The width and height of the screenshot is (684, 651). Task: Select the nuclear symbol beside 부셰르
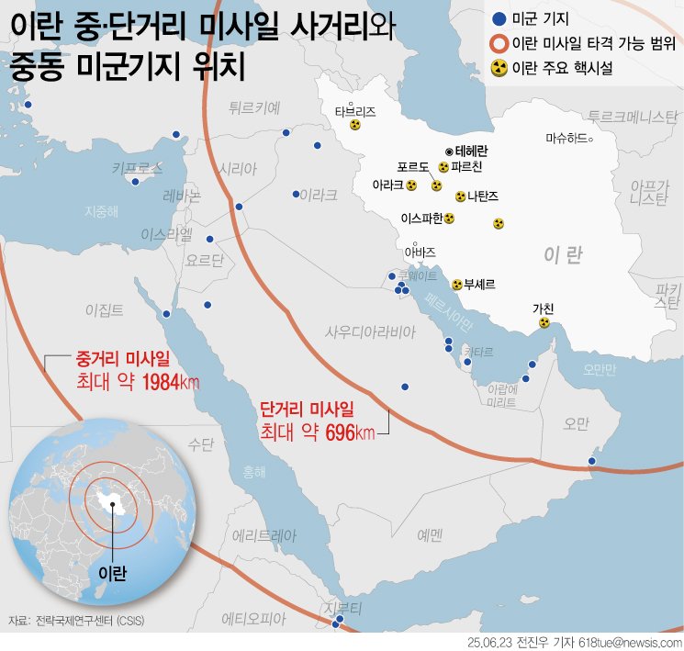tap(456, 285)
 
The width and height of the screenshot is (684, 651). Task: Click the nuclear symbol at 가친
tap(544, 322)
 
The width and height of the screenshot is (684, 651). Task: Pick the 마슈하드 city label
tap(566, 139)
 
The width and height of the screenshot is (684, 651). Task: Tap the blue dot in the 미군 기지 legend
tap(498, 18)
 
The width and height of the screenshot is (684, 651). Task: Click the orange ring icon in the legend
tap(498, 42)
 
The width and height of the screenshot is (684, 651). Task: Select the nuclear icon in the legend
tap(498, 67)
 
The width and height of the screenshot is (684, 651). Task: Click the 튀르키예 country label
tap(254, 107)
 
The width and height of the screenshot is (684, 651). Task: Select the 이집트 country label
tap(103, 309)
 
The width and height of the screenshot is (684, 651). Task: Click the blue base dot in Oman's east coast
tap(592, 460)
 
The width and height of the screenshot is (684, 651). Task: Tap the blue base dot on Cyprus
tap(136, 181)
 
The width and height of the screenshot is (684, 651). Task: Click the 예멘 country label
tap(429, 533)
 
